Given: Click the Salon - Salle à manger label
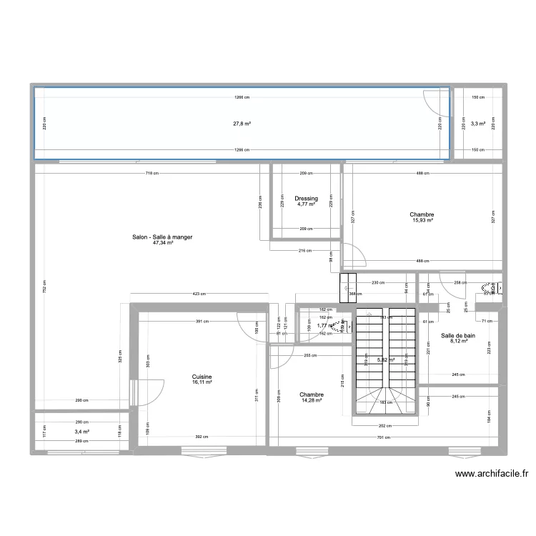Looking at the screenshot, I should click(x=162, y=237).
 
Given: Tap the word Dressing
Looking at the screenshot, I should click(x=305, y=199).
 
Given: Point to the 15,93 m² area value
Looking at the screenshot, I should click(x=422, y=220).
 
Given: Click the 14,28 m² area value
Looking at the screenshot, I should click(x=312, y=399).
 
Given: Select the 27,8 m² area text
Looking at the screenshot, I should click(x=242, y=124).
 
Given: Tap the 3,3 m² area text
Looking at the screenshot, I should click(x=478, y=124).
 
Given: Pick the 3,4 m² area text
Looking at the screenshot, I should click(x=81, y=432).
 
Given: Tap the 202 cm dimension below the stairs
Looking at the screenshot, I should click(x=385, y=426).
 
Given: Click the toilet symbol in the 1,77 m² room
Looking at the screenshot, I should click(x=346, y=326).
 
